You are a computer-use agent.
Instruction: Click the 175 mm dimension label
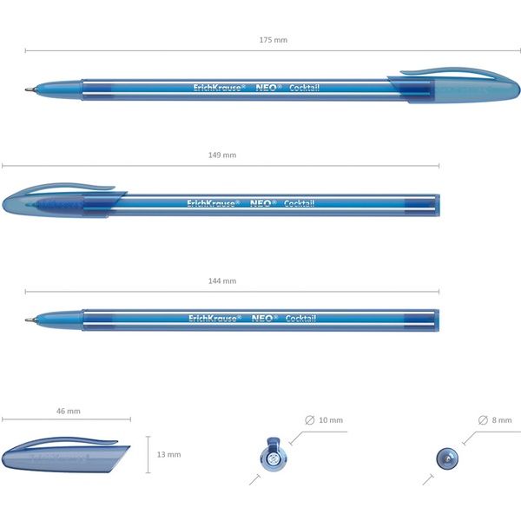[x=274, y=40]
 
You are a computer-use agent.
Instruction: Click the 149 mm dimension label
[x=222, y=155]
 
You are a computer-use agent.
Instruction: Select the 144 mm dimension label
[x=222, y=281]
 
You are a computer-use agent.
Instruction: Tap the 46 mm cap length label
[x=68, y=411]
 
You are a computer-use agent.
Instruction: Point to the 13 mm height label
[x=168, y=454]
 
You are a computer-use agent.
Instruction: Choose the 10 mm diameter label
[x=331, y=420]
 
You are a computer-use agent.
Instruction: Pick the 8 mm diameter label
[x=502, y=420]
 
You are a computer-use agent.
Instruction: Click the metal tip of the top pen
[x=30, y=89]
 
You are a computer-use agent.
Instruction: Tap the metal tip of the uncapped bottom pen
[x=30, y=320]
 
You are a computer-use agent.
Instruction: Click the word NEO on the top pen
[x=267, y=88]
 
